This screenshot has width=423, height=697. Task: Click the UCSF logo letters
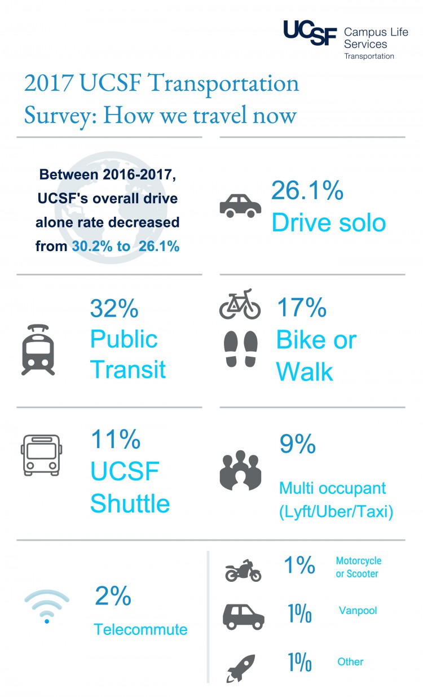(310, 33)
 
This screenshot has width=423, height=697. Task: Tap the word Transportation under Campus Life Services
(369, 56)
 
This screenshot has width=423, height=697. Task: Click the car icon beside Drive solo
(240, 205)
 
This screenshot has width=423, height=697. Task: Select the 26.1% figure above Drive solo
(307, 190)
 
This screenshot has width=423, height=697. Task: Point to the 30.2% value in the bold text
(92, 246)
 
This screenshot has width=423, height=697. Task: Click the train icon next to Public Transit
(38, 350)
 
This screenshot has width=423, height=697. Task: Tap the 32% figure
(114, 308)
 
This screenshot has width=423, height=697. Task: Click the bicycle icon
(240, 304)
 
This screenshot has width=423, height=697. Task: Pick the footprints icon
(241, 349)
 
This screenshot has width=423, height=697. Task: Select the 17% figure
(302, 308)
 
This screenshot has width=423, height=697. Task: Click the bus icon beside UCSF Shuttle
(41, 455)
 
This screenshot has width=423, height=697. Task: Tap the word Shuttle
(130, 503)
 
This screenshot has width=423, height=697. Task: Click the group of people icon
(240, 470)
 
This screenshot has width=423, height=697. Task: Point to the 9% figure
(298, 444)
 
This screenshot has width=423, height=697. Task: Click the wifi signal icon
(47, 606)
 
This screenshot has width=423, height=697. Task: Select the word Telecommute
(140, 629)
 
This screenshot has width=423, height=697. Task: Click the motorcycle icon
(243, 571)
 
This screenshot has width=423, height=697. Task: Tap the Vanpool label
(358, 611)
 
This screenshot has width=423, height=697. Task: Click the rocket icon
(241, 668)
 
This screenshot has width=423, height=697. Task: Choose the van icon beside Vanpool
(244, 617)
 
